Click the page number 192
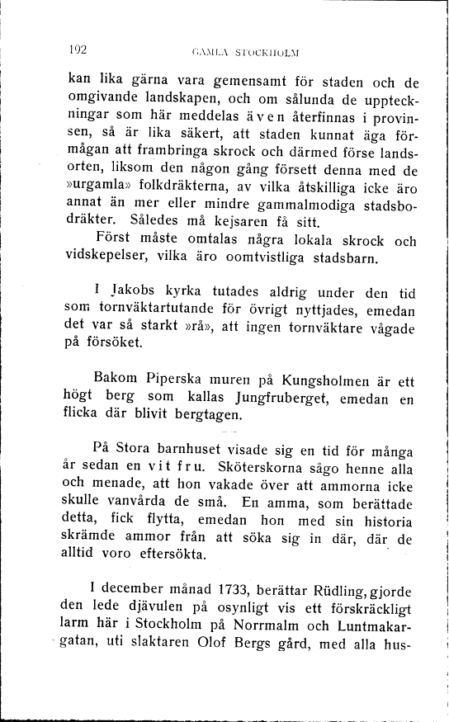(78, 49)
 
